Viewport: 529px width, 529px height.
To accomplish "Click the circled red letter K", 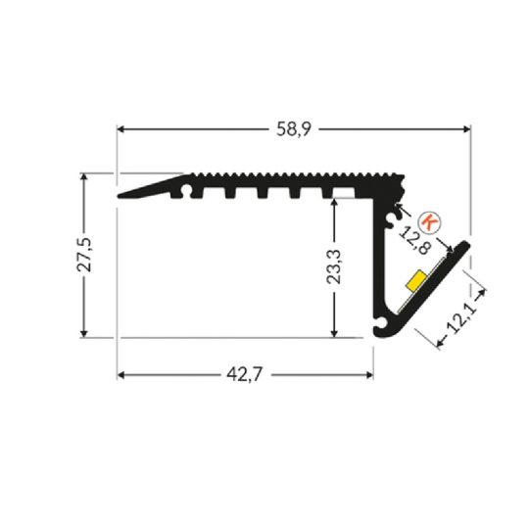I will click(428, 220).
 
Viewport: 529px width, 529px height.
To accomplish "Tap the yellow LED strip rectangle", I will click(415, 282).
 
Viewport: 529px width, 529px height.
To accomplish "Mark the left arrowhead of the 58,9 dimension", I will click(122, 128).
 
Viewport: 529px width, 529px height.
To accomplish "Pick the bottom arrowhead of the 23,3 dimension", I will click(336, 333).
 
